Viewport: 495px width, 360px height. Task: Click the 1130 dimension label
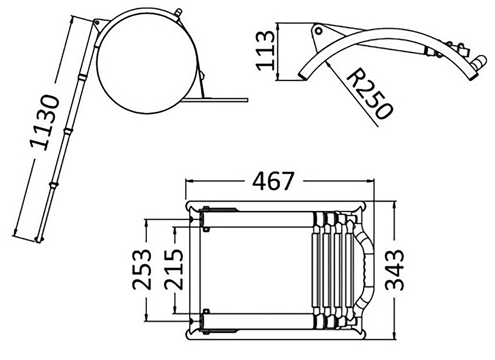click(44, 122)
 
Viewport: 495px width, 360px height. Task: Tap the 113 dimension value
click(265, 51)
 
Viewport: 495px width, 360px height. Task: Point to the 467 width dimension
click(273, 181)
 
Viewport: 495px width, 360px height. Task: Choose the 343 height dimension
click(394, 270)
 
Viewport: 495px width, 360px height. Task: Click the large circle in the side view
click(147, 63)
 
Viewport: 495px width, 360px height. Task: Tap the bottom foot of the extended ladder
click(39, 240)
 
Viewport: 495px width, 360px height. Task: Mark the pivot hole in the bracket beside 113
click(319, 31)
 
